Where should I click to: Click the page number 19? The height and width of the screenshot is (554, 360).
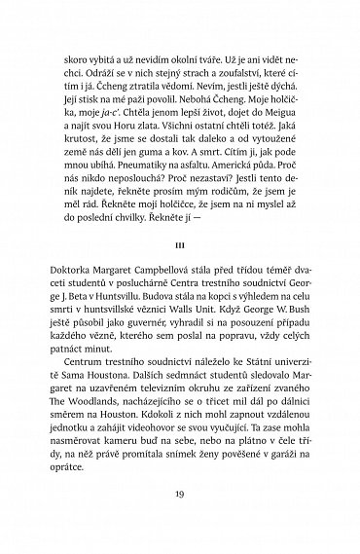pos(179,522)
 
